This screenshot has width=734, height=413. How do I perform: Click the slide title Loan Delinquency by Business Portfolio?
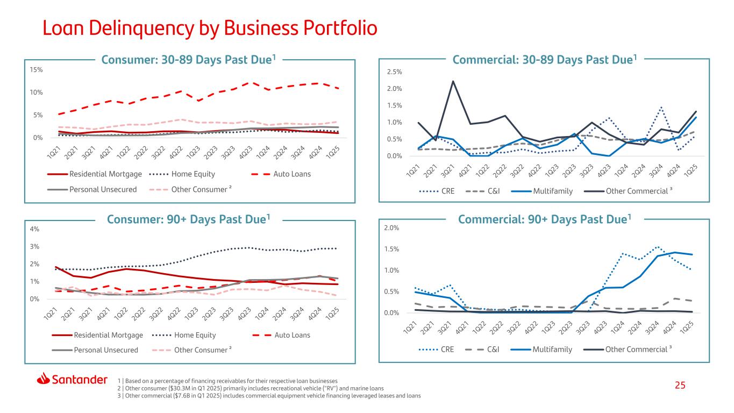click(210, 29)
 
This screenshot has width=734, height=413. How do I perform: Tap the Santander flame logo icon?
click(43, 379)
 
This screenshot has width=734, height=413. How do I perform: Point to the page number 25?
click(680, 385)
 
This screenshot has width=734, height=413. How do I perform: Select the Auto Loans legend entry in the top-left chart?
click(281, 174)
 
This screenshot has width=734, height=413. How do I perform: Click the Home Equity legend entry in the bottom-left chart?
click(184, 335)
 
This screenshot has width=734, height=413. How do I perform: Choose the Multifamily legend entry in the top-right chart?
click(542, 191)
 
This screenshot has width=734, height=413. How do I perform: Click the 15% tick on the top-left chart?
click(37, 70)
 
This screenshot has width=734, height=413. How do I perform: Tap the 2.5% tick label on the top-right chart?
click(395, 72)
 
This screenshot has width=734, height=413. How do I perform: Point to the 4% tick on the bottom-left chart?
click(34, 229)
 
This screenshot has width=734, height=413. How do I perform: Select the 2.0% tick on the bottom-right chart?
click(391, 228)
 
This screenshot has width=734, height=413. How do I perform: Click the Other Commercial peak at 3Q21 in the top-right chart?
click(453, 81)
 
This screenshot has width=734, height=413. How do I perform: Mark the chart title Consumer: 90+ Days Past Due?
click(188, 219)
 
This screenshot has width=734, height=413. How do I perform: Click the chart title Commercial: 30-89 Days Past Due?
click(544, 60)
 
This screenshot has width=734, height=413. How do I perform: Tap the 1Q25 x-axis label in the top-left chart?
click(333, 152)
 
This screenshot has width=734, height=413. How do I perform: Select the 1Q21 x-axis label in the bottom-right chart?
click(409, 328)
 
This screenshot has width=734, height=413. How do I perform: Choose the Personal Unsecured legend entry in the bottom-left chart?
click(95, 350)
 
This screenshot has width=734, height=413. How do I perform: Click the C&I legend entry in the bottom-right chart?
click(482, 350)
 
